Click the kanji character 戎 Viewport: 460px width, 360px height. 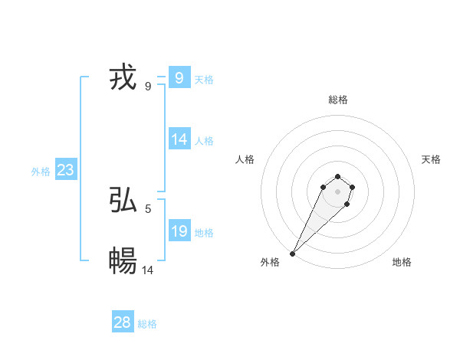coord(123,78)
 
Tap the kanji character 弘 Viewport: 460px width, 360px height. coord(123,201)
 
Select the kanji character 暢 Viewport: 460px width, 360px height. coord(123,261)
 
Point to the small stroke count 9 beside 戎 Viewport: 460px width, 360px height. coord(147,86)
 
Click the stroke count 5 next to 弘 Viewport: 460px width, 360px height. coord(147,208)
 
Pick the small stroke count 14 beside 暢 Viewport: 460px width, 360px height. coord(148,270)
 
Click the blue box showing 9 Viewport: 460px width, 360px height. coord(179,77)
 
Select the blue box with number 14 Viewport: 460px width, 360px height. coord(179,139)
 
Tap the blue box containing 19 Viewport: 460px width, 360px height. coord(179,231)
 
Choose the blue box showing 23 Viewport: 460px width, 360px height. coord(65,170)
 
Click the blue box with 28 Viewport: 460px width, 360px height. coord(123,322)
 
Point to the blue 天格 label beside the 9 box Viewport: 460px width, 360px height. coord(204,79)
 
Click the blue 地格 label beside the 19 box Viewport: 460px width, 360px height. coord(204,233)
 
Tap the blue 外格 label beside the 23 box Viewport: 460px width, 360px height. coord(41,172)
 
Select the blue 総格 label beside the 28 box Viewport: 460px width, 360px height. coord(147,324)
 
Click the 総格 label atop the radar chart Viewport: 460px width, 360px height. coord(337,100)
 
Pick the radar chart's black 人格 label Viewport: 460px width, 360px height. coord(245,159)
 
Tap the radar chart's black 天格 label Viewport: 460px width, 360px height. coord(431,159)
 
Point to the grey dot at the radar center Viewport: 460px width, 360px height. coord(337,191)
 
